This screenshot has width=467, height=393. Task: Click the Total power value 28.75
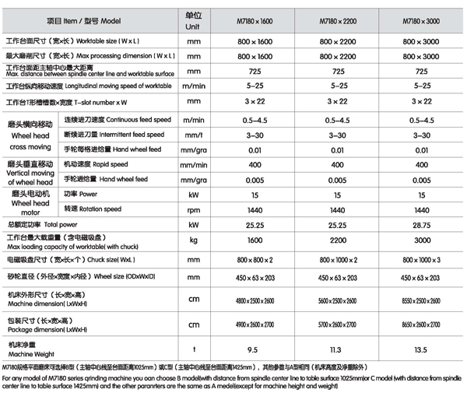point(421,223)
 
